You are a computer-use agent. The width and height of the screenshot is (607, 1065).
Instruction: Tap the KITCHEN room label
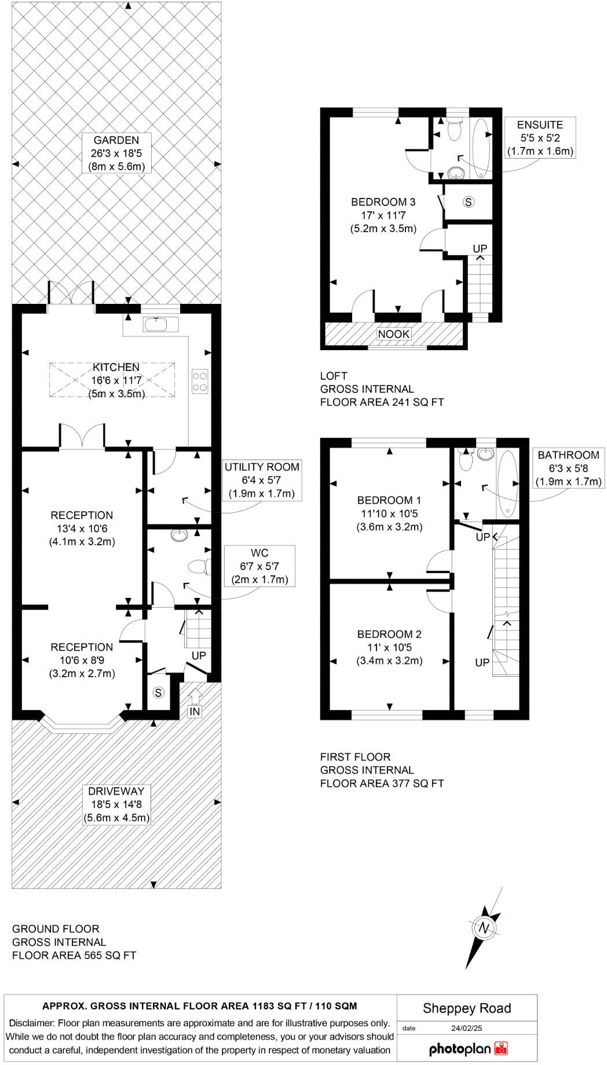coord(116,380)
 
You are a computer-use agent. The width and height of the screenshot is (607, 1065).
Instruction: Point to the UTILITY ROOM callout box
coord(262,480)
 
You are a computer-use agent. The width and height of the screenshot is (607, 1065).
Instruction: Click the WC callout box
coord(260,566)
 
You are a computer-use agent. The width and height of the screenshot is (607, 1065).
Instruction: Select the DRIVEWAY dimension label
coord(116,805)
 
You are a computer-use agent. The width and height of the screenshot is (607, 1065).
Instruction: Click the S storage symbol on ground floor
coord(158,693)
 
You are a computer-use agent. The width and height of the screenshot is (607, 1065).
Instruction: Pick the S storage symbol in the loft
coord(469,202)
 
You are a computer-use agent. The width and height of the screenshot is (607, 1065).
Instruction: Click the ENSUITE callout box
coord(540,138)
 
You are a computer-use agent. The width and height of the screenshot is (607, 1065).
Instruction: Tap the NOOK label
coord(394,334)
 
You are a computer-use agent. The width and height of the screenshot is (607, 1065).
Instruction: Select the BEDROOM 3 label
coord(383,215)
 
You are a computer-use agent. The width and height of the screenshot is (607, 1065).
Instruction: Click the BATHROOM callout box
coord(568,468)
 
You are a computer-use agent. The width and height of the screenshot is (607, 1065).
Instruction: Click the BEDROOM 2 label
coord(389,647)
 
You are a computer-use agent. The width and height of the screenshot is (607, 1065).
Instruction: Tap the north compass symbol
coord(483,928)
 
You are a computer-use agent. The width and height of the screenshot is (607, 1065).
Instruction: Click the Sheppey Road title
coord(467,1008)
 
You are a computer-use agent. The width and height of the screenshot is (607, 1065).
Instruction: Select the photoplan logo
coord(468,1048)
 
